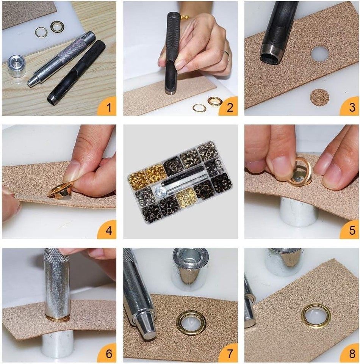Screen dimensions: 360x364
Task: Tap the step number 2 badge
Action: tap(229, 107)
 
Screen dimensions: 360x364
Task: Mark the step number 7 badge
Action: tap(229, 353)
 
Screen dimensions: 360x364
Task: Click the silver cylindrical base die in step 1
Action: tap(17, 66)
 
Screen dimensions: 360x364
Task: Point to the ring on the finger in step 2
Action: tap(227, 55)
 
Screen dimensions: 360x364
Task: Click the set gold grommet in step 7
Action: tap(191, 323)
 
